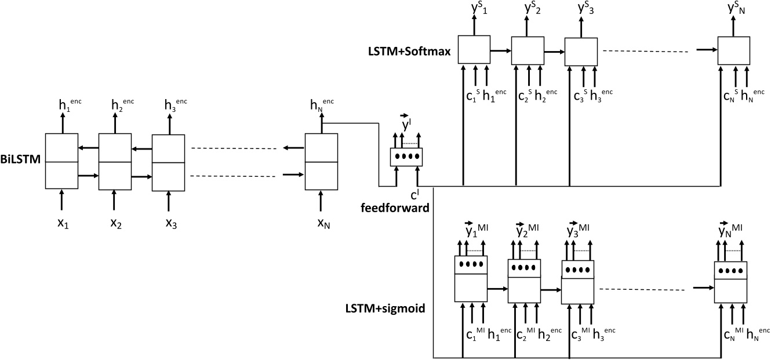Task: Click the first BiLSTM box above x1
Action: click(x=61, y=162)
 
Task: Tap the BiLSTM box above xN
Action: click(x=321, y=162)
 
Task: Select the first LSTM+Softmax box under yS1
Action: click(x=474, y=50)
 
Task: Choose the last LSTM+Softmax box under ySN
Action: click(x=734, y=50)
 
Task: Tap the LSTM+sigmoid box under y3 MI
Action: click(x=578, y=281)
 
